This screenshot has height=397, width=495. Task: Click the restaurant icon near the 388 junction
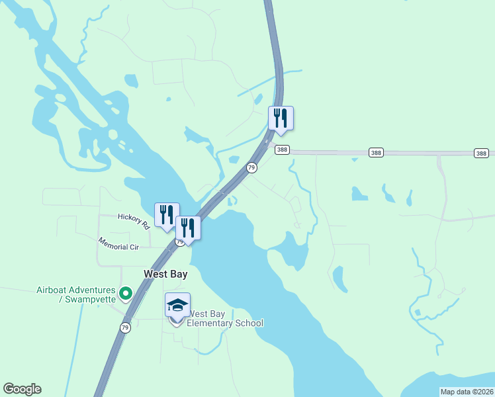point(281,118)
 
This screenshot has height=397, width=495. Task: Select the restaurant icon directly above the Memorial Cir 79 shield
point(188,228)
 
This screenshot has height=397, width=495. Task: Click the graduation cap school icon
point(177,305)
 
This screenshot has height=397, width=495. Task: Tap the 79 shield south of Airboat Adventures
point(125,328)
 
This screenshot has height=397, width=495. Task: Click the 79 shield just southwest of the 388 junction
point(251,167)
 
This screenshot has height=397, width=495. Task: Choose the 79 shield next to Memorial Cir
point(179,243)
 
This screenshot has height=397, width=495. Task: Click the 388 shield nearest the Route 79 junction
point(283,151)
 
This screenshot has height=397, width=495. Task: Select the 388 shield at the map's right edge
point(481,153)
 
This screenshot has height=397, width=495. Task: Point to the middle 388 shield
point(376,153)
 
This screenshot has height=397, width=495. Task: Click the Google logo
point(22,389)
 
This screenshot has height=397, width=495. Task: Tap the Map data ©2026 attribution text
point(467,392)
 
